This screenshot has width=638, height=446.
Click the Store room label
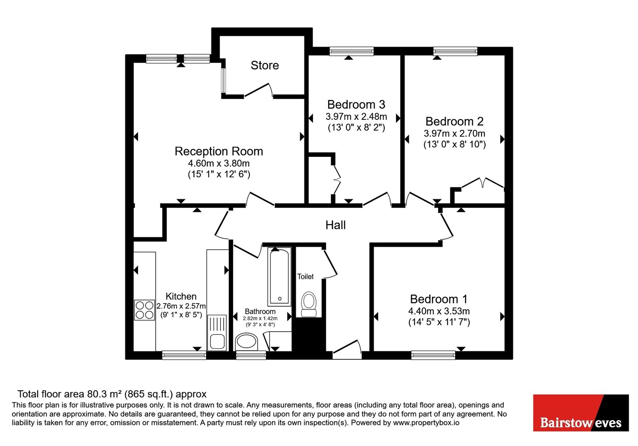[x=265, y=65]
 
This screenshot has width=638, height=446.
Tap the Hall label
[x=335, y=225]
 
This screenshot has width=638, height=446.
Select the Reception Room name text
[x=219, y=152]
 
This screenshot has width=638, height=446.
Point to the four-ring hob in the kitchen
[x=144, y=310]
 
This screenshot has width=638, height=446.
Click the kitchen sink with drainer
[x=217, y=333]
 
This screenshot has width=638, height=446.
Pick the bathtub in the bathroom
[x=279, y=277]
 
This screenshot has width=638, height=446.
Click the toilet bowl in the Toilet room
[x=309, y=304]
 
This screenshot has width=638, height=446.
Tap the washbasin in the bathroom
[x=246, y=342]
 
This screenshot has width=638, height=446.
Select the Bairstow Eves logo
[x=581, y=413]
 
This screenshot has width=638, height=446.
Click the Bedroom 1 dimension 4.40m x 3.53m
[x=439, y=311]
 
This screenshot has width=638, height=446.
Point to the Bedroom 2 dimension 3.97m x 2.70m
[x=455, y=133]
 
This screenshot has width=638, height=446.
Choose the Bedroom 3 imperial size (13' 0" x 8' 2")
[x=356, y=127]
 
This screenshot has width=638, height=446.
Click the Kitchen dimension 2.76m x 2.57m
[x=181, y=306]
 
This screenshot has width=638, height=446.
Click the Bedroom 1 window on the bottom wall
[x=433, y=355]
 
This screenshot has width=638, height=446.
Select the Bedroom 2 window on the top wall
[x=455, y=51]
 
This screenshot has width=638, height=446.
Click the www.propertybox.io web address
[x=426, y=423]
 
